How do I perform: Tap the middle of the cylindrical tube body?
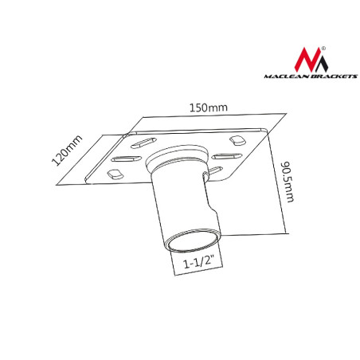pos(188,203)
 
